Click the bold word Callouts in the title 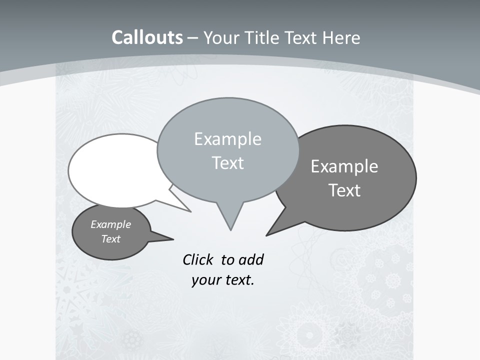click(x=147, y=37)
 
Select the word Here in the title click(x=342, y=37)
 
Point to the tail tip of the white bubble click(x=190, y=211)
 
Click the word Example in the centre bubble click(x=227, y=139)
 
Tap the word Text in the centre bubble click(x=227, y=163)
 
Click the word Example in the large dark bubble click(x=344, y=166)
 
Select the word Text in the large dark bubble click(x=344, y=190)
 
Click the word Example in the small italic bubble click(x=110, y=224)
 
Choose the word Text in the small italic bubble click(x=110, y=239)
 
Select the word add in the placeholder click(x=251, y=259)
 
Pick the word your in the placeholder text click(x=206, y=280)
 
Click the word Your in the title click(x=221, y=37)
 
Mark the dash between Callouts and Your click(x=192, y=38)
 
